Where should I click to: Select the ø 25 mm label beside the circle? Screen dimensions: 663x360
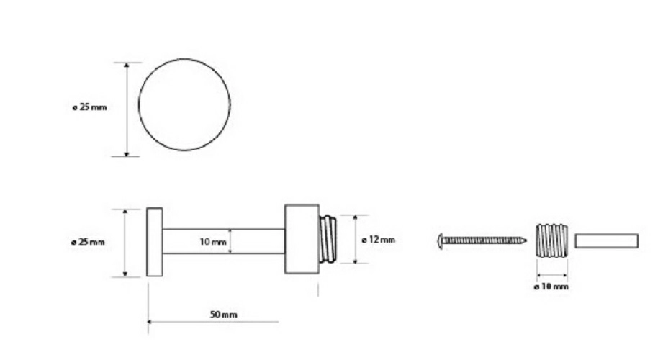[90, 107]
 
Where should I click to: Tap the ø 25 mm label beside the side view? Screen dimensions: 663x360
[88, 242]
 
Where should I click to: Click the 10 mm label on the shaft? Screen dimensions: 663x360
[212, 242]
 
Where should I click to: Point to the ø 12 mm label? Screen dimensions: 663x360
[379, 240]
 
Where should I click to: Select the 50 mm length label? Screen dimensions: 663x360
[223, 315]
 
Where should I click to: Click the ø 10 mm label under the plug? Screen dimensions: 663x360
[551, 287]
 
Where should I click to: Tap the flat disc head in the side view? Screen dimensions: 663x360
[154, 242]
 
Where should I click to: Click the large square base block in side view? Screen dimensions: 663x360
[302, 239]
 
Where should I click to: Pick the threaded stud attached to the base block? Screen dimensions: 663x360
[328, 239]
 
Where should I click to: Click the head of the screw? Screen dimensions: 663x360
[440, 241]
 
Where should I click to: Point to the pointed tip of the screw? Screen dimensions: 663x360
[526, 240]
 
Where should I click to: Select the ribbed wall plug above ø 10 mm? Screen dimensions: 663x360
[552, 240]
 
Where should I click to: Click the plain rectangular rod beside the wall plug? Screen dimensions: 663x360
[606, 240]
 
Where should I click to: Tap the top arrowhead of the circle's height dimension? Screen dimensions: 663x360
[127, 65]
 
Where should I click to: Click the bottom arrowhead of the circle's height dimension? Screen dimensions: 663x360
[127, 153]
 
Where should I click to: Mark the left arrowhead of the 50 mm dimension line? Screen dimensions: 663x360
[150, 322]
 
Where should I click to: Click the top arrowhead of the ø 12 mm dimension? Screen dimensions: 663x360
[355, 217]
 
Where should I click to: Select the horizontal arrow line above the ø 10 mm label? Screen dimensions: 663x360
[552, 275]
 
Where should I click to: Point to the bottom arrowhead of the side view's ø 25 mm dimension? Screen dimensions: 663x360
[125, 274]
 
